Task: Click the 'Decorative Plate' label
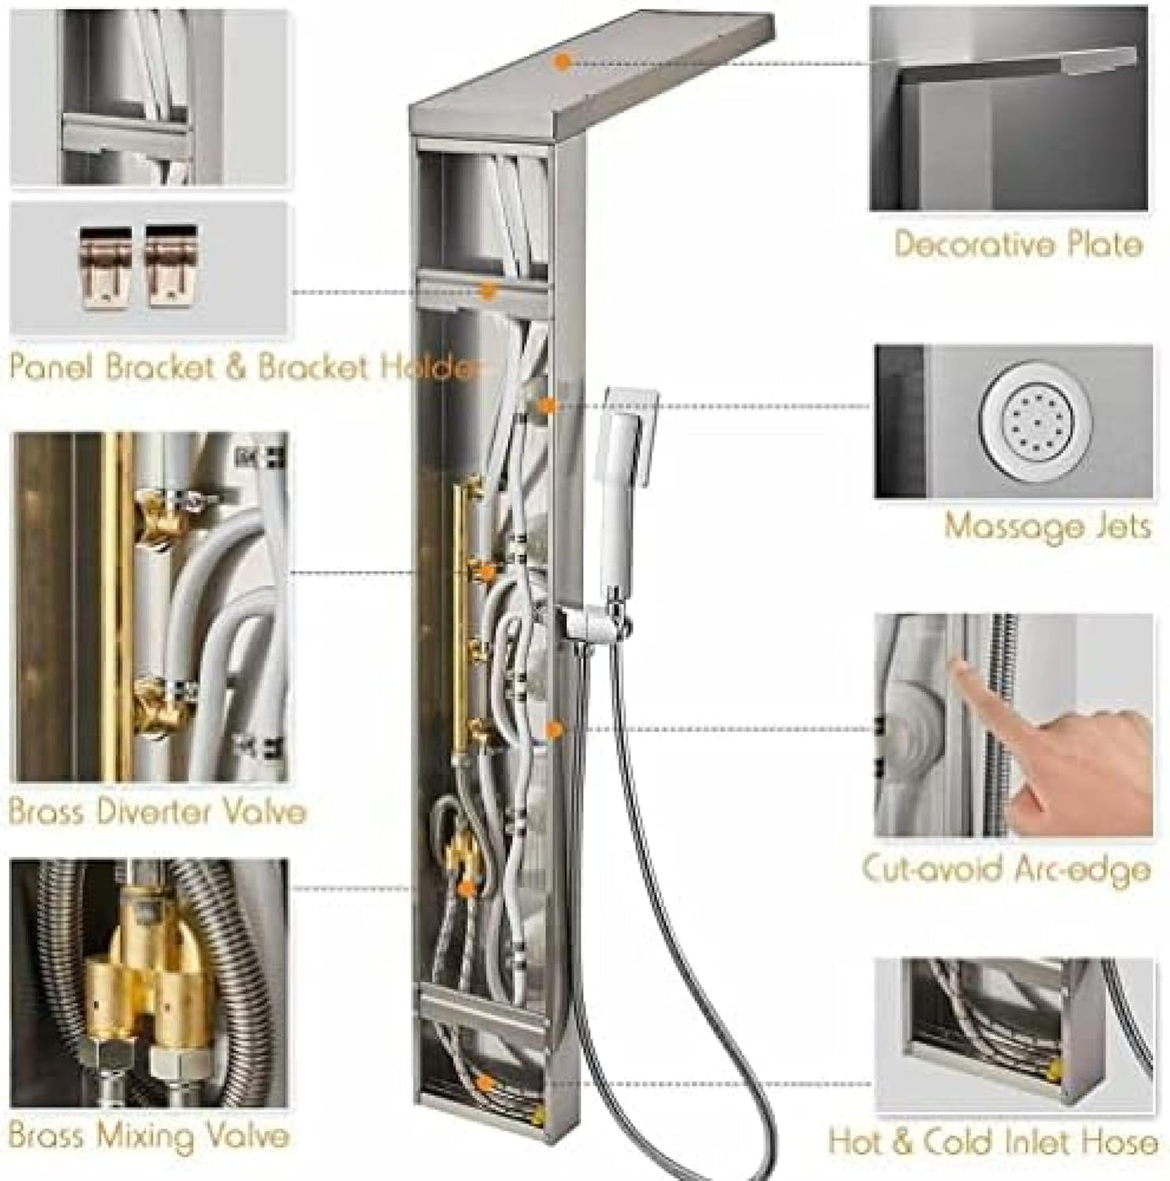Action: point(1017,245)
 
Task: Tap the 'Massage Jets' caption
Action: point(1048,525)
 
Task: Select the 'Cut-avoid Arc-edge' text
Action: point(1006,869)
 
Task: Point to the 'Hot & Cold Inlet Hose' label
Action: point(993,1142)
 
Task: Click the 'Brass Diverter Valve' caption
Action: point(157,811)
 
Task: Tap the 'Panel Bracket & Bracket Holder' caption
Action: point(244,367)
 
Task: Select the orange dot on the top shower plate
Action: point(562,62)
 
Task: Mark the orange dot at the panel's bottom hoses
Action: point(486,1084)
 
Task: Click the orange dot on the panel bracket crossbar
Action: point(488,291)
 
